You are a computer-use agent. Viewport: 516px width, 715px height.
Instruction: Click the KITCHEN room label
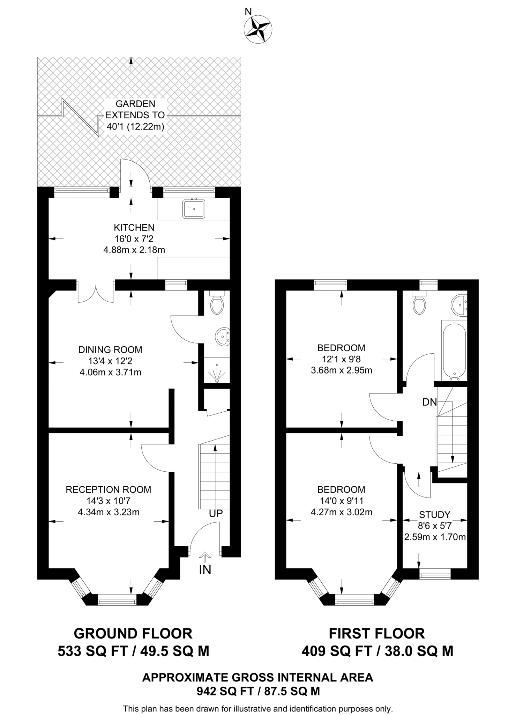pyautogui.click(x=134, y=228)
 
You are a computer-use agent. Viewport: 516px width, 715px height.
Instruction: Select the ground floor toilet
pyautogui.click(x=217, y=305)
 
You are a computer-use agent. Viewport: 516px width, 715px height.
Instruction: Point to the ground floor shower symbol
pyautogui.click(x=217, y=373)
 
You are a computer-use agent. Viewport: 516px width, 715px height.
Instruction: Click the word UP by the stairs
pyautogui.click(x=216, y=514)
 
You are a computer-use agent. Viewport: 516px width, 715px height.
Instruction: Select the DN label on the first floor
pyautogui.click(x=429, y=403)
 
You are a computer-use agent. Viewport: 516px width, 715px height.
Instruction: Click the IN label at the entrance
pyautogui.click(x=205, y=570)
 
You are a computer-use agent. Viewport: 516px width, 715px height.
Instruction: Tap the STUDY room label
pyautogui.click(x=434, y=515)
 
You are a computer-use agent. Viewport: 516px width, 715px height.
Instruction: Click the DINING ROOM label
pyautogui.click(x=110, y=349)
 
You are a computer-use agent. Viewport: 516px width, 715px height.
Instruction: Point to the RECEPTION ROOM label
pyautogui.click(x=108, y=489)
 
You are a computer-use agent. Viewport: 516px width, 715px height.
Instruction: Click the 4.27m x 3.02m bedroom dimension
pyautogui.click(x=341, y=512)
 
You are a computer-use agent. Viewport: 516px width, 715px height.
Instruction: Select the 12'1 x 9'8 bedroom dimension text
pyautogui.click(x=341, y=359)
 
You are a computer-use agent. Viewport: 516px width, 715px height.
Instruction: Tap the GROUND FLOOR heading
pyautogui.click(x=133, y=633)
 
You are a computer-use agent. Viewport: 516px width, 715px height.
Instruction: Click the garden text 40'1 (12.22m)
pyautogui.click(x=135, y=126)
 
